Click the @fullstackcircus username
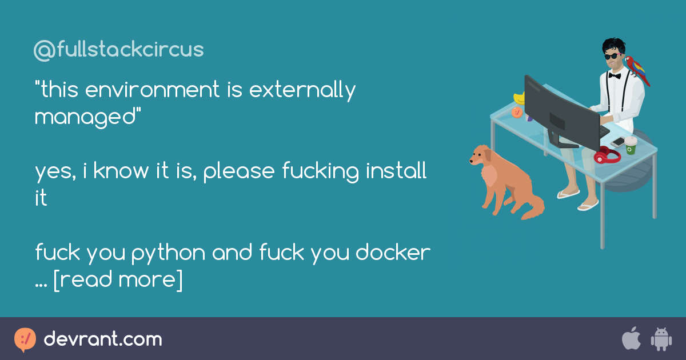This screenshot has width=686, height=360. (118, 49)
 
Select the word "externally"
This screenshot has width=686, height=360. (302, 91)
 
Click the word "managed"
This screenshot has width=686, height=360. (85, 118)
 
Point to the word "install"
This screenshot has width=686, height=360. (396, 170)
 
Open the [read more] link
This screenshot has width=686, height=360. (118, 280)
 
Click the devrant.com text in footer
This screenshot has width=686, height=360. (103, 339)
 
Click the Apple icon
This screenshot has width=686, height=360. (632, 338)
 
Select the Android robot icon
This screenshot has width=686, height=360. (661, 339)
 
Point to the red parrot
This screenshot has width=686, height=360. (637, 70)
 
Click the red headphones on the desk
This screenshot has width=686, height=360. (607, 155)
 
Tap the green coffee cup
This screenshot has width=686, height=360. (631, 145)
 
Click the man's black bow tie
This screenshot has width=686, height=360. (615, 75)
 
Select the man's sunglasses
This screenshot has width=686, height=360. (612, 57)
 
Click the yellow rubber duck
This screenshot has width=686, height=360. (519, 98)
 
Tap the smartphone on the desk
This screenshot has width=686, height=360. (618, 142)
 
